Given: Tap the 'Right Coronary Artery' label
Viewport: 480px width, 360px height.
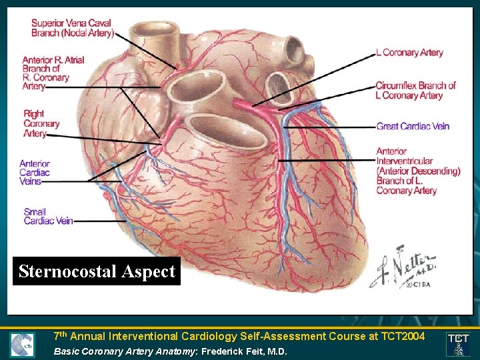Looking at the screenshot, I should click(x=41, y=123).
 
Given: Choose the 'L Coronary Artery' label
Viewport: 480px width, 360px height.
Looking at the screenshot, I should click(x=409, y=53).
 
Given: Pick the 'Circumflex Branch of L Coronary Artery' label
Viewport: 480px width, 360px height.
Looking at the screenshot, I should click(x=415, y=91).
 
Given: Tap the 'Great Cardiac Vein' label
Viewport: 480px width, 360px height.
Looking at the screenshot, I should click(x=413, y=126).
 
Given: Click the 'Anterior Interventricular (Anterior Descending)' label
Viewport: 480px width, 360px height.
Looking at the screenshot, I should click(x=418, y=171).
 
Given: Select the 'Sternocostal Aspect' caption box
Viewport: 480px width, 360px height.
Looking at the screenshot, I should click(x=97, y=271).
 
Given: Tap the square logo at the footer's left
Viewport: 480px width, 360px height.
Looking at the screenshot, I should click(x=22, y=345).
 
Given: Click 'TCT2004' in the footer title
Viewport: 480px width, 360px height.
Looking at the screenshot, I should click(x=397, y=337).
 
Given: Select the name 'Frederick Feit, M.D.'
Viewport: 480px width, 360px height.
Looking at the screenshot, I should click(x=244, y=351).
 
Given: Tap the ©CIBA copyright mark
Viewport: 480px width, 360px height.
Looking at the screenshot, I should click(x=415, y=283).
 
